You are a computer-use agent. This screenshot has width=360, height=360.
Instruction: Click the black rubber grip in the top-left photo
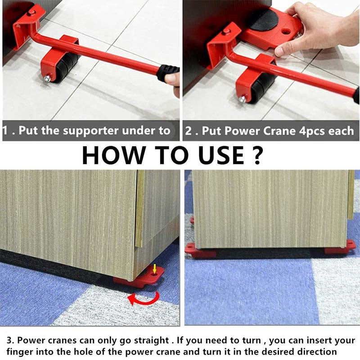click(167, 72)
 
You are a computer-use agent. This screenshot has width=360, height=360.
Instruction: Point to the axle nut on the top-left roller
click(47, 79)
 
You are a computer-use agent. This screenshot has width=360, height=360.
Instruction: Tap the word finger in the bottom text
click(18, 351)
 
